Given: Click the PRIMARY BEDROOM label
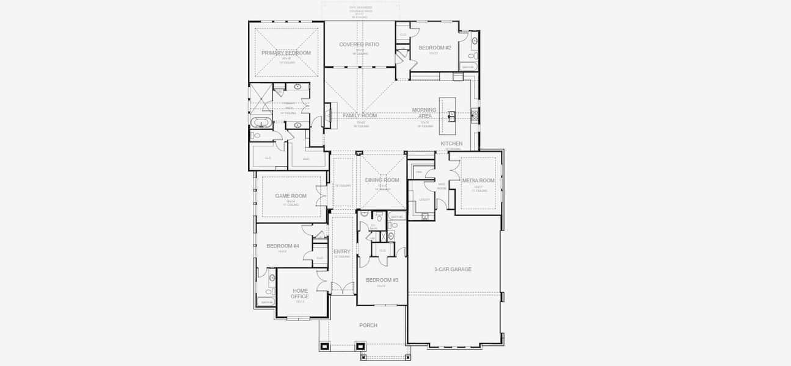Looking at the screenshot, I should pyautogui.click(x=286, y=53).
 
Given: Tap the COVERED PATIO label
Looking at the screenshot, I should pyautogui.click(x=359, y=45).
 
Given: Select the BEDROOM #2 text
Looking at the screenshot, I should pyautogui.click(x=434, y=48).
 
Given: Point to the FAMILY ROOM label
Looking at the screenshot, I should pyautogui.click(x=359, y=115).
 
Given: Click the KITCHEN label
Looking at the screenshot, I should pyautogui.click(x=451, y=143).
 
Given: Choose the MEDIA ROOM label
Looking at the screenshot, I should pyautogui.click(x=478, y=180).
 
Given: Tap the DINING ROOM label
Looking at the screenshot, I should pyautogui.click(x=382, y=180).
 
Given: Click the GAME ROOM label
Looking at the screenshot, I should pyautogui.click(x=290, y=196).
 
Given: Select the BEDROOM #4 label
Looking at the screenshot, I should pyautogui.click(x=283, y=246).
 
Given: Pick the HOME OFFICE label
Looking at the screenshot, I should pyautogui.click(x=300, y=293).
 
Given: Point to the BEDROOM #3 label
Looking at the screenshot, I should pyautogui.click(x=382, y=280).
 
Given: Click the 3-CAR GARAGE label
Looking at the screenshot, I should pyautogui.click(x=453, y=269).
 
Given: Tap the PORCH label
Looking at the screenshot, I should pyautogui.click(x=368, y=325).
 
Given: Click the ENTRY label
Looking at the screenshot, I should pyautogui.click(x=341, y=251).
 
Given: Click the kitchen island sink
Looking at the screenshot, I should pyautogui.click(x=452, y=115).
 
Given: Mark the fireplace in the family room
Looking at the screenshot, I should pyautogui.click(x=327, y=115).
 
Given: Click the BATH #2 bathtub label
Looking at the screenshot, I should pyautogui.click(x=467, y=67).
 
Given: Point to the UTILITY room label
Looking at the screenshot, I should pyautogui.click(x=424, y=199).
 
